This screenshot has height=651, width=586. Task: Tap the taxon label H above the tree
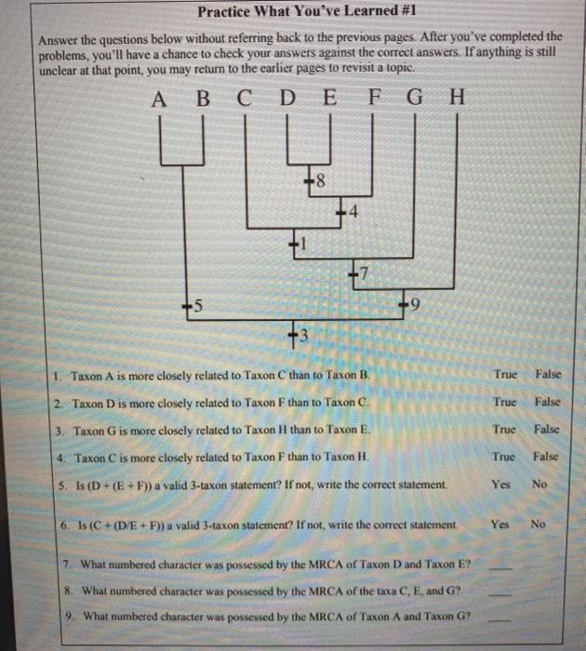coord(455,99)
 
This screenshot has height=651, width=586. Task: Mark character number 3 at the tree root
coord(297,333)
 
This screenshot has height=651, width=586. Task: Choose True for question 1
coord(506,374)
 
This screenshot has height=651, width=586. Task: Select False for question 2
coord(548,402)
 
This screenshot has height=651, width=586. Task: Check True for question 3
coord(506,430)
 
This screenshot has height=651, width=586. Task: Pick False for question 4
coord(547,458)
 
